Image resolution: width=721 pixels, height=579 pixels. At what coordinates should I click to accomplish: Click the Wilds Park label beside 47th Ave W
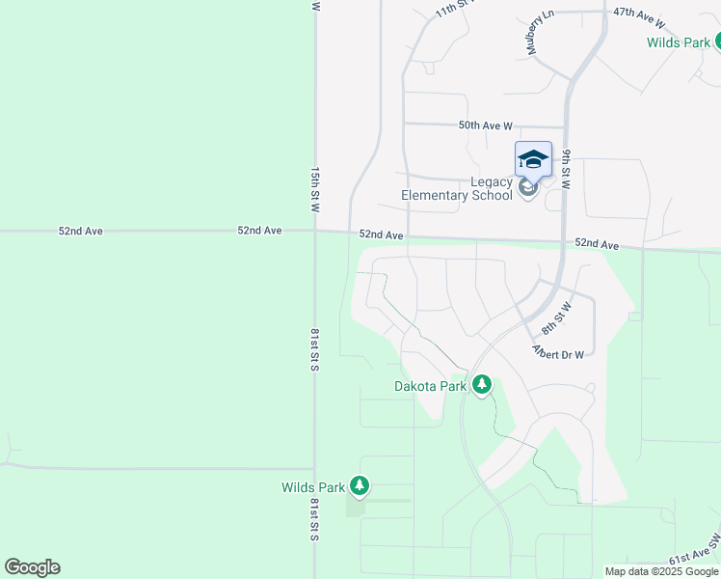point(678,42)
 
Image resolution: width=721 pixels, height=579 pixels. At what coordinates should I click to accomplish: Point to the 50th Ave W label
point(485,125)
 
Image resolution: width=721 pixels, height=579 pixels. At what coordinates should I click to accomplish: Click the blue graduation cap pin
point(533,158)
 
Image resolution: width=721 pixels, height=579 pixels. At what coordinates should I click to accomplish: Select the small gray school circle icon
point(527,186)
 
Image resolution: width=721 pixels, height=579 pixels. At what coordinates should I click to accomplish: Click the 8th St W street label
point(556,317)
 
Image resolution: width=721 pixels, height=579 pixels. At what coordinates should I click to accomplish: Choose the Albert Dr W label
point(558,354)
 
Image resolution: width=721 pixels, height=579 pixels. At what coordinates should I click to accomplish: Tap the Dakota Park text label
point(430,387)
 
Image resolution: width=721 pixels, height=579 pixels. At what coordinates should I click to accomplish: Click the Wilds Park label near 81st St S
point(311,487)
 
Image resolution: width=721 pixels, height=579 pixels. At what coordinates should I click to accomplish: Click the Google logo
point(32,567)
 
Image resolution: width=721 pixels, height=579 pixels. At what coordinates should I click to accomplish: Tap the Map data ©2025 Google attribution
point(661,571)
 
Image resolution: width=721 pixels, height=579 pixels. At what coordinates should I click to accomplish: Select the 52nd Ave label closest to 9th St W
point(596,245)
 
